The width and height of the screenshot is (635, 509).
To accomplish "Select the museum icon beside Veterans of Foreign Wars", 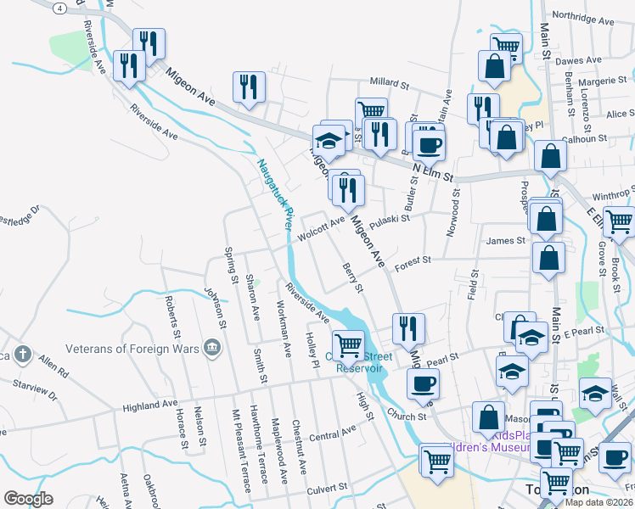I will click(212, 347).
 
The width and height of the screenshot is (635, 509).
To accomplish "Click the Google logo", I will click(28, 499).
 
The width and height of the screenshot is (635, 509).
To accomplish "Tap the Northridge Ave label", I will click(582, 17).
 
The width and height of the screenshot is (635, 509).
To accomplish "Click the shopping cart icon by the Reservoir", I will click(348, 345).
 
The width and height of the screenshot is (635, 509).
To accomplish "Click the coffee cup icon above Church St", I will click(422, 383).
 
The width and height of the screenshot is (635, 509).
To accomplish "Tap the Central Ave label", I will click(333, 434).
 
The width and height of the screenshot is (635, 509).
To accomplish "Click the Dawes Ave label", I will click(578, 61).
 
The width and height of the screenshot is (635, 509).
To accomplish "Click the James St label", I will click(507, 241).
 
